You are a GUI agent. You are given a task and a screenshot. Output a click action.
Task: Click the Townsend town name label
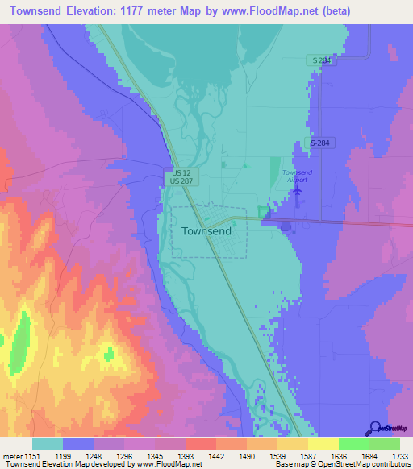click(206, 230)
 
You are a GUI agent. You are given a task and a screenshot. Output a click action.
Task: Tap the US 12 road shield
click(181, 173)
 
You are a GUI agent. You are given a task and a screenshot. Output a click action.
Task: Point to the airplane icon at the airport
click(298, 190)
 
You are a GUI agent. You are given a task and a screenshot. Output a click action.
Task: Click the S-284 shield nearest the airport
click(322, 143)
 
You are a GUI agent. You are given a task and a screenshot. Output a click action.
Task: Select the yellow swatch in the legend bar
click(323, 443)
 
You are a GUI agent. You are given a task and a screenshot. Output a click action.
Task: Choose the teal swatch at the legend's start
click(48, 443)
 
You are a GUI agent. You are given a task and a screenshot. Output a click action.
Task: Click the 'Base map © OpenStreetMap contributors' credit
click(342, 464)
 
